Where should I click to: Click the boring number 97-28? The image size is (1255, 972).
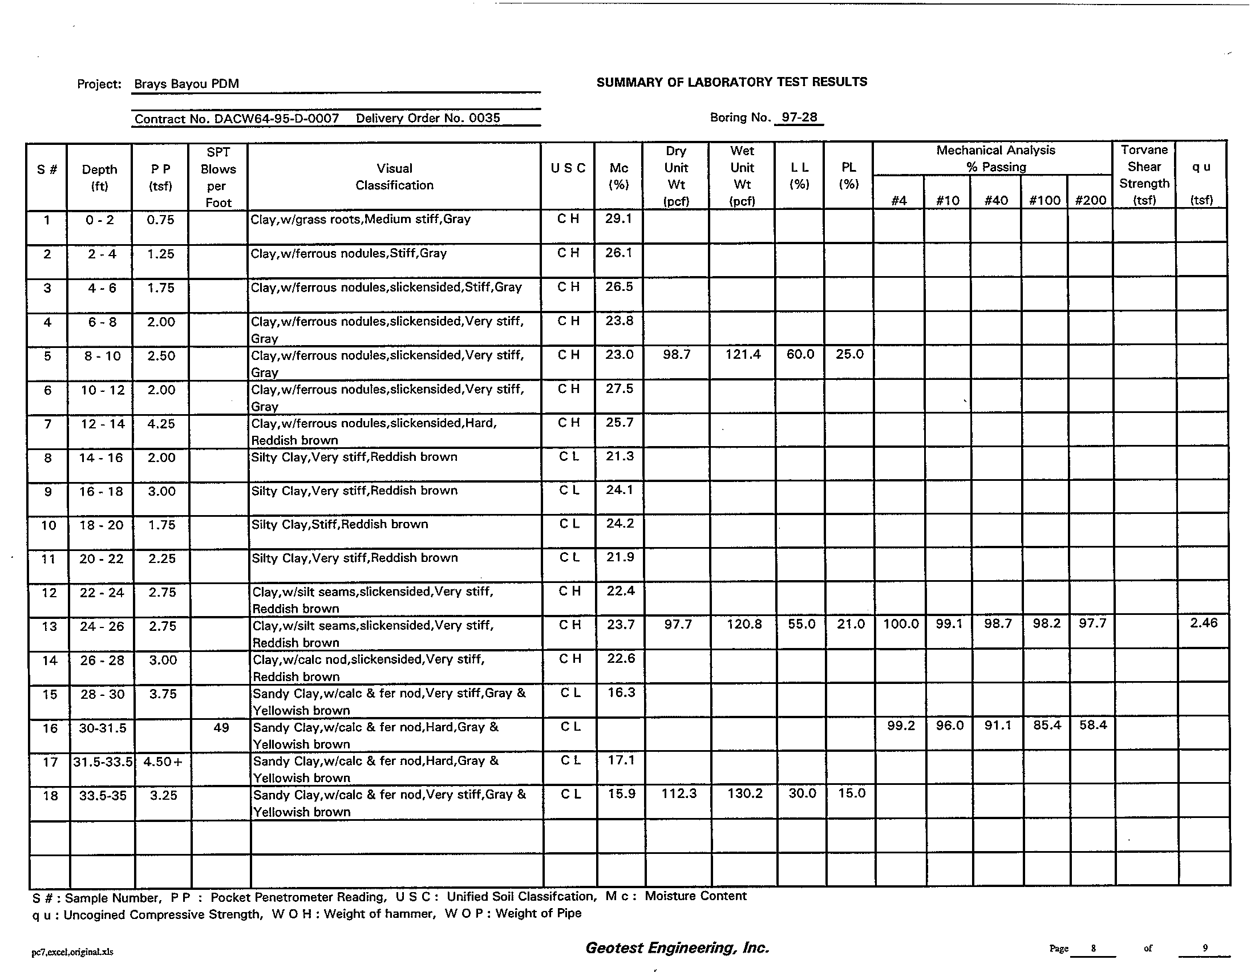(799, 117)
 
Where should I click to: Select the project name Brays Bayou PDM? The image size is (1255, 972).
(186, 84)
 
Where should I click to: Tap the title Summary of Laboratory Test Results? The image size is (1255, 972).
(731, 82)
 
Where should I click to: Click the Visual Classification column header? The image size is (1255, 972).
(394, 176)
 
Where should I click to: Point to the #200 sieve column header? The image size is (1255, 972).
(1091, 200)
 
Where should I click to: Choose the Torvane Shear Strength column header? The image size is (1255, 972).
(1144, 175)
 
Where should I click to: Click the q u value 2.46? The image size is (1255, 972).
(1203, 623)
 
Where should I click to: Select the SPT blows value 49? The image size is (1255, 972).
(221, 728)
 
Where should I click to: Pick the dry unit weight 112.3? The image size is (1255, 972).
(679, 793)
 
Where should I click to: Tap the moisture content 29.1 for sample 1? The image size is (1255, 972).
(618, 218)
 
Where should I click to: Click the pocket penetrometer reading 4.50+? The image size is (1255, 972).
(163, 762)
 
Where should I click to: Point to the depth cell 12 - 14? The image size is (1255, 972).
(102, 424)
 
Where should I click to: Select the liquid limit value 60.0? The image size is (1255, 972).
(800, 354)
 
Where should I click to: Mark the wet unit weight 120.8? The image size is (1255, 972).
(743, 624)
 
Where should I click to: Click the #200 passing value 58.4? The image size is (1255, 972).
(1092, 725)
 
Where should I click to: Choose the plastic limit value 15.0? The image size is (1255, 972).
(851, 793)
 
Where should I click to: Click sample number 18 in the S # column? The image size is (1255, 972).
(50, 796)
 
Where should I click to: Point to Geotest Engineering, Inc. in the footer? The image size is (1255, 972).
(677, 947)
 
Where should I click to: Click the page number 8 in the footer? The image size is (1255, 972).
(1093, 949)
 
